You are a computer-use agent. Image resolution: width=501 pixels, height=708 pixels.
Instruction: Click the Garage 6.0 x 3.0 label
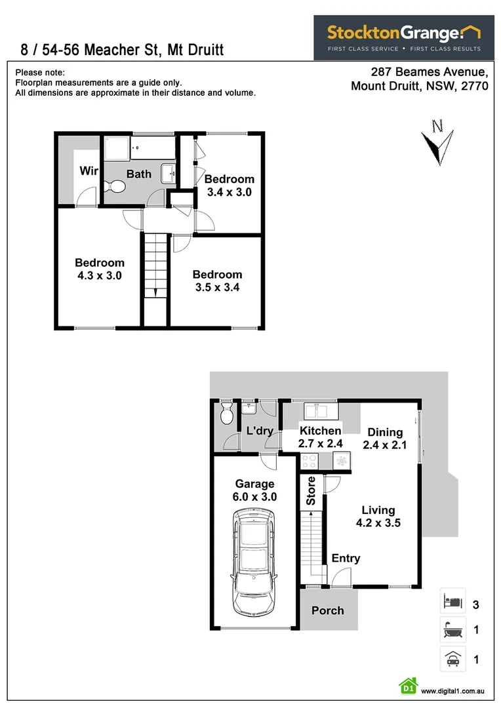coord(254,490)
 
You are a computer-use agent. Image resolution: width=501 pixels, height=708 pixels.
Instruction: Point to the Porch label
coord(327,610)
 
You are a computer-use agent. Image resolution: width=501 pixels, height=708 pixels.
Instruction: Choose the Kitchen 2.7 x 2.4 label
coord(321,437)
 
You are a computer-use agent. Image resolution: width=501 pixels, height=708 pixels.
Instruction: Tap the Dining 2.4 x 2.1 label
coord(385,439)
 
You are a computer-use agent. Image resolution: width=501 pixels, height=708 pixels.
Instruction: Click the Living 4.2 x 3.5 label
coord(378,517)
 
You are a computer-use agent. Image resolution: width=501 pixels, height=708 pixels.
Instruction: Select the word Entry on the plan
coord(346,559)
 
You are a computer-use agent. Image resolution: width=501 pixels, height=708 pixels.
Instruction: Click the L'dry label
coord(260,431)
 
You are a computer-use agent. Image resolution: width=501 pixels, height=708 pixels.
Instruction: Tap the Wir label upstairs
coord(89,171)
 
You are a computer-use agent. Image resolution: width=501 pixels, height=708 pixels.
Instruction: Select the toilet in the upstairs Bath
coord(117,187)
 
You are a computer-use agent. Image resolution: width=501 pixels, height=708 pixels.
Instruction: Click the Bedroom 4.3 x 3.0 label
coord(100,269)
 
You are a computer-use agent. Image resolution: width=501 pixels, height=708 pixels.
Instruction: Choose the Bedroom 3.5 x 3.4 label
coord(217,281)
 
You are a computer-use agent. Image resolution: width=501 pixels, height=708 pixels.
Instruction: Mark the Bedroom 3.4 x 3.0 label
coord(230,186)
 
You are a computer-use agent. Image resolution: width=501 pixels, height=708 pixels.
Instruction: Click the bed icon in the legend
coord(452,600)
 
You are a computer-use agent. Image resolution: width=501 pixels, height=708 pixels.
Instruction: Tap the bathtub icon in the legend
coord(452,629)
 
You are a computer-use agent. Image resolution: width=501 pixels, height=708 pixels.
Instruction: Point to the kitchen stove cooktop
coord(310,462)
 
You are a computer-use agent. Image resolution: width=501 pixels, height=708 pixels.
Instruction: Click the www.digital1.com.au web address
coord(452,691)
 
